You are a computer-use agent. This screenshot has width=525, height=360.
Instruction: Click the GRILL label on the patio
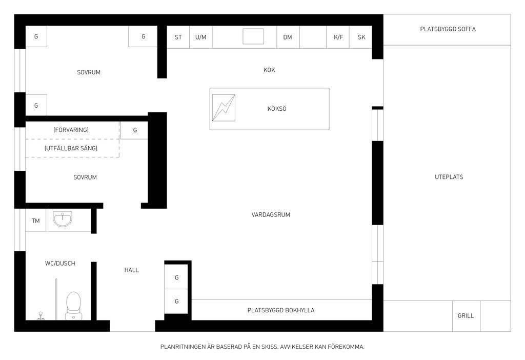(x=466, y=315)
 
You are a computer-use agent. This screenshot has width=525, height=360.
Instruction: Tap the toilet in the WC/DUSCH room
(x=73, y=306)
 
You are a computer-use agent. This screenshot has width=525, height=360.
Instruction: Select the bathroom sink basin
(x=62, y=219)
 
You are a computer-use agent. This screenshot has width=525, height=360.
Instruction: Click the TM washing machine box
(x=36, y=221)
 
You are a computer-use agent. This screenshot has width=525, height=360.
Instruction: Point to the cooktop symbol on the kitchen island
(x=224, y=108)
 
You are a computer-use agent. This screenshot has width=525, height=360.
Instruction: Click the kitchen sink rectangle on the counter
(x=253, y=36)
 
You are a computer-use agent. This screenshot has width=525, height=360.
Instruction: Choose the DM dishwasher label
(x=288, y=37)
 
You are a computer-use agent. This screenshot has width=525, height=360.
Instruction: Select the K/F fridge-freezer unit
(x=338, y=37)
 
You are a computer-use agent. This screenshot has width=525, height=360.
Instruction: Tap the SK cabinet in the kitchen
(x=361, y=37)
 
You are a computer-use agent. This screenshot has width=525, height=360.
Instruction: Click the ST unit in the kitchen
(x=178, y=37)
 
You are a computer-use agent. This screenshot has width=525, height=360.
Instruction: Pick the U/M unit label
(x=200, y=37)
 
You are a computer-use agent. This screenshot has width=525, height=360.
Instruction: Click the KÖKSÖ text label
(x=277, y=109)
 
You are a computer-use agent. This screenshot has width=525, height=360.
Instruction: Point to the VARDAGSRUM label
(x=271, y=215)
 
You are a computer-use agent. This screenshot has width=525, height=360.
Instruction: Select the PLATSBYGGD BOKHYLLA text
(x=281, y=310)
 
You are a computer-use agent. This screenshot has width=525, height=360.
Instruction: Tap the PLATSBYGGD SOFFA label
(x=448, y=29)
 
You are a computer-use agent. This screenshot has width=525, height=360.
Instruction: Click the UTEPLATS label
(x=449, y=177)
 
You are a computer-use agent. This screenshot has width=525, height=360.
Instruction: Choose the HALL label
(x=132, y=270)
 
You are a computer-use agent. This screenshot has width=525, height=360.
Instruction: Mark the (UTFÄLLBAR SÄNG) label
(x=71, y=148)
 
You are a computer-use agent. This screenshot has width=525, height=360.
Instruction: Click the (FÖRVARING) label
(x=71, y=130)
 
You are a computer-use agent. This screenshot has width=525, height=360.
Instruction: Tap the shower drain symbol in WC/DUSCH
(x=41, y=315)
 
